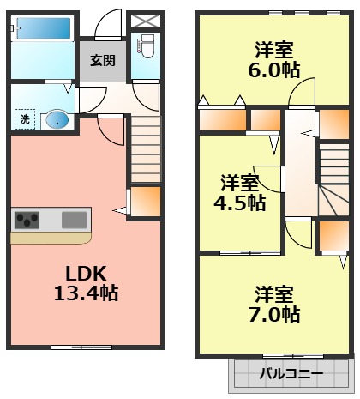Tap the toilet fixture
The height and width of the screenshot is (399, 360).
(x=145, y=45)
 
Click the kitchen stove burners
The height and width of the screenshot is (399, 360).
(x=27, y=220)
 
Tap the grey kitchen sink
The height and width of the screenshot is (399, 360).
(x=74, y=220)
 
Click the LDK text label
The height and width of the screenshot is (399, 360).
(x=86, y=273)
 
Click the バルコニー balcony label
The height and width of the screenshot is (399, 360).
(x=291, y=374)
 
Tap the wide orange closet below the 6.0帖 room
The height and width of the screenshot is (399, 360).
(x=223, y=118)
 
